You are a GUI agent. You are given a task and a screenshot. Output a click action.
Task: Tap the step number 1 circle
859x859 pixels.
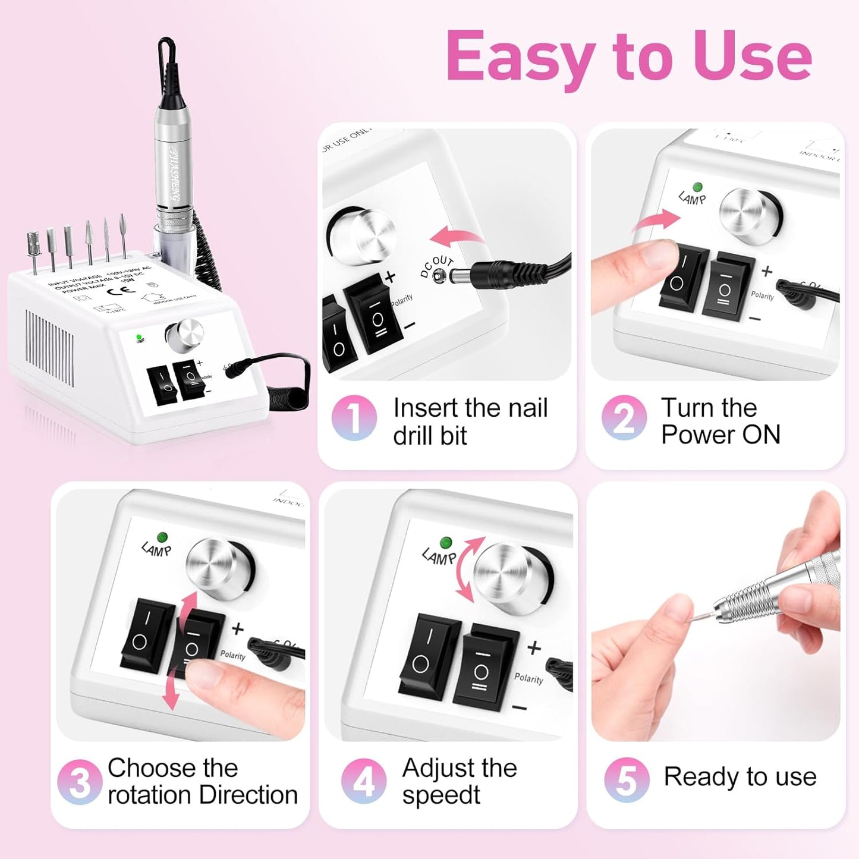(x=354, y=418)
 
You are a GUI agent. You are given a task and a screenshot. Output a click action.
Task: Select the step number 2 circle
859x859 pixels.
(x=624, y=418)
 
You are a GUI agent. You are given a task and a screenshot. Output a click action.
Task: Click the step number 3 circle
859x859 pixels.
(x=80, y=782)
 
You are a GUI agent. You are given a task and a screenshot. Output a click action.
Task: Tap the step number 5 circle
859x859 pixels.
(x=627, y=779)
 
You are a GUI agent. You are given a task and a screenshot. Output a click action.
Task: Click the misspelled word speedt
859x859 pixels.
(x=440, y=795)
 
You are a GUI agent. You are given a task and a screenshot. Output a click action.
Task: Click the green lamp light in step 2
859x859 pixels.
(x=698, y=187)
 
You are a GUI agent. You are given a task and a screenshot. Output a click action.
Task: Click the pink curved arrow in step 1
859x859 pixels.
(x=455, y=237)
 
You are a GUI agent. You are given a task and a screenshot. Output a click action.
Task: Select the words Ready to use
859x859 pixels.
(x=740, y=776)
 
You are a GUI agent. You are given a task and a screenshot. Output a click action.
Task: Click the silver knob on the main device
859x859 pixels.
(x=184, y=336)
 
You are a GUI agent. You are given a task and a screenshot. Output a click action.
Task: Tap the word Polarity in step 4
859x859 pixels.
(x=528, y=678)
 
